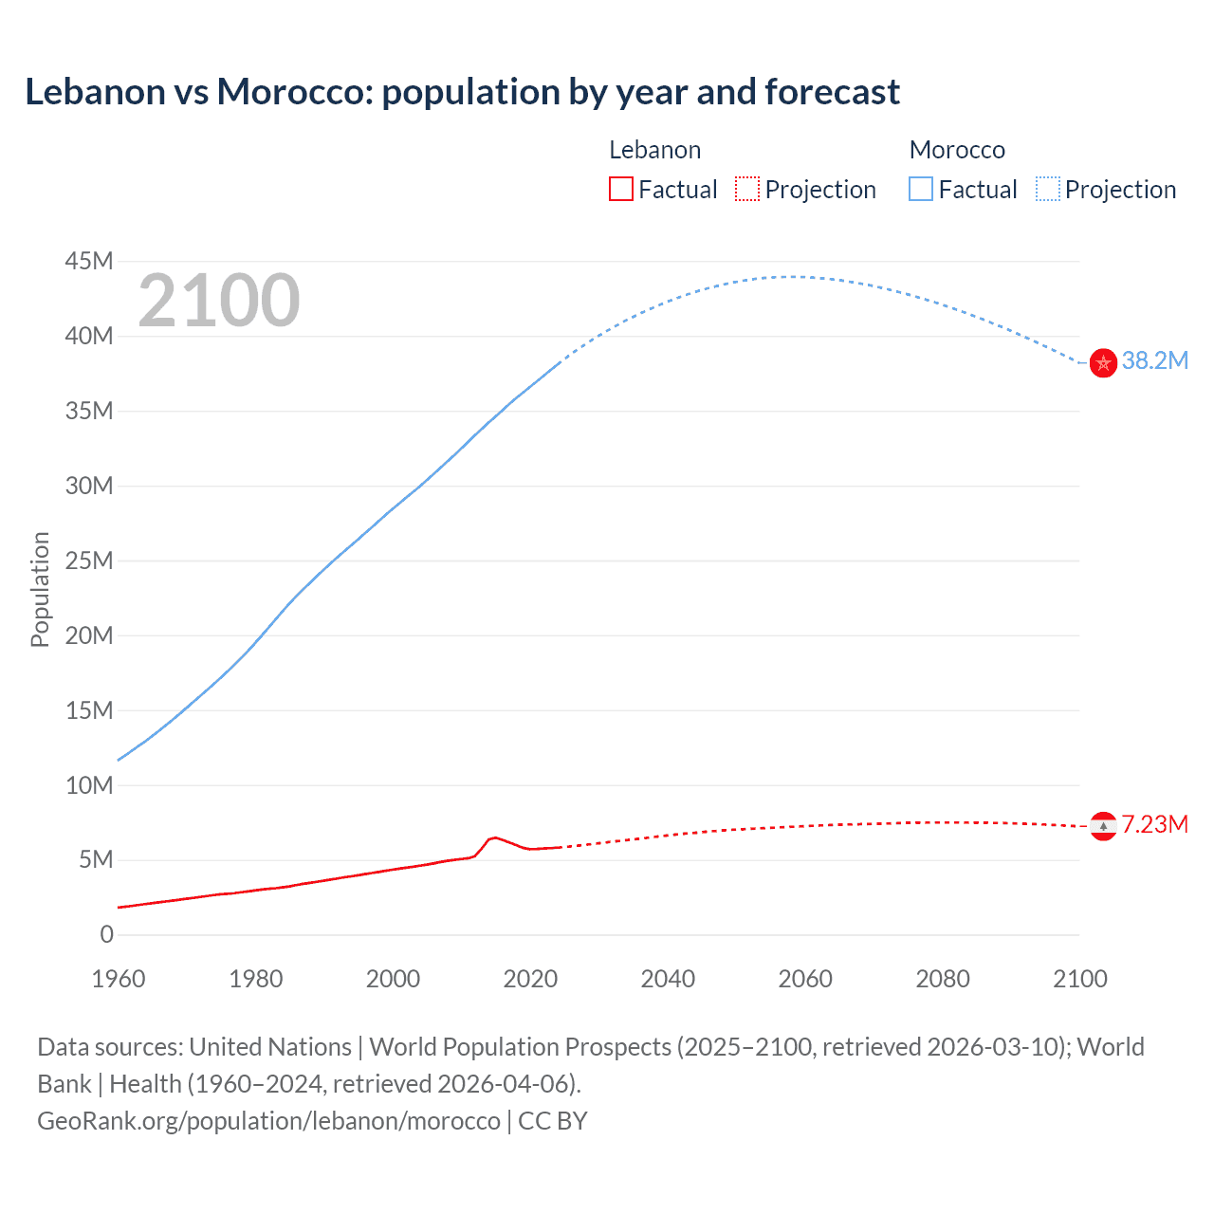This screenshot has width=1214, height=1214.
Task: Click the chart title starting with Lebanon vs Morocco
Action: coord(462,92)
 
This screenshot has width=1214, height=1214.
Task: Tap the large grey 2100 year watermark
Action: coord(219,302)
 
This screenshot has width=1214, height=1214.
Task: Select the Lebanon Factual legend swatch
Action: coord(620,190)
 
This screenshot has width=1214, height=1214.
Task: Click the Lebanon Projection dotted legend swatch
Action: coord(747,190)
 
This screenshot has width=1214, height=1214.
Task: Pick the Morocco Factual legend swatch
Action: coord(920,190)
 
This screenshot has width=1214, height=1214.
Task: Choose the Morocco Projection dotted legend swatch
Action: coord(1047,190)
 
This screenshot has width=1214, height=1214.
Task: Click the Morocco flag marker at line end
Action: coord(1103,362)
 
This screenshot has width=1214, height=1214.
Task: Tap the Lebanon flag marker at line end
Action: coord(1103,826)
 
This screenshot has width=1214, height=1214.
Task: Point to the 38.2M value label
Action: coord(1154,361)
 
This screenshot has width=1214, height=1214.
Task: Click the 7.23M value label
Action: coord(1154,825)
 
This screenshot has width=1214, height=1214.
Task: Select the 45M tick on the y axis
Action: coord(89,261)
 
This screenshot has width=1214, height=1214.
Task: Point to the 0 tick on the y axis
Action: coord(106,935)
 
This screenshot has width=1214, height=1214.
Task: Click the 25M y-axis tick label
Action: coord(89,561)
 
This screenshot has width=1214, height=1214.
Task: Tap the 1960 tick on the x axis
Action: coord(119,979)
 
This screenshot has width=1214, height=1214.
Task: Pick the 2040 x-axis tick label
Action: coord(668,979)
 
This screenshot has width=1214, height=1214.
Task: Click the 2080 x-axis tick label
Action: coord(943,979)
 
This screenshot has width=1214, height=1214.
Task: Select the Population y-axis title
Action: coord(40,589)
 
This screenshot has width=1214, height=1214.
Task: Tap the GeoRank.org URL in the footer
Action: coord(268,1121)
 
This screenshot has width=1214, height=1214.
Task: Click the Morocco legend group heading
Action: coord(957,150)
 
